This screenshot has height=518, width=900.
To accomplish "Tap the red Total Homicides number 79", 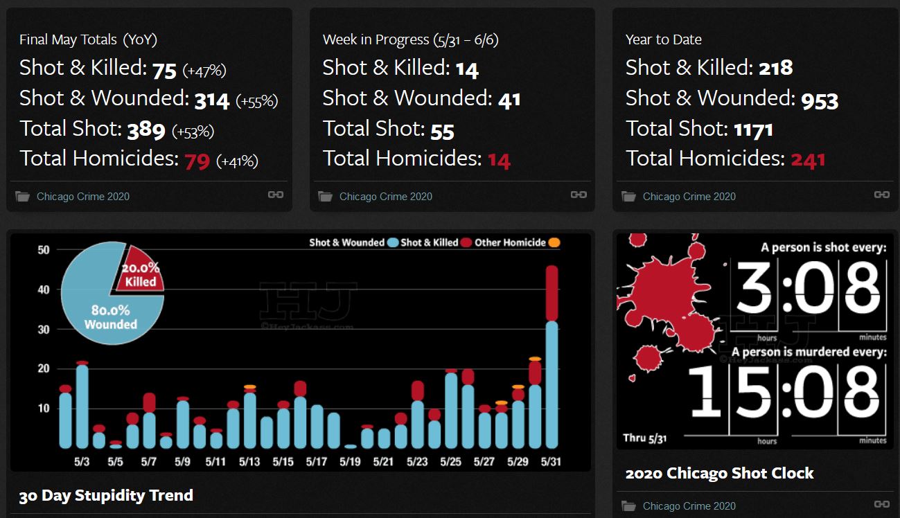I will (197, 161).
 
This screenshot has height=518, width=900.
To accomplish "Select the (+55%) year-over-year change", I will (256, 101).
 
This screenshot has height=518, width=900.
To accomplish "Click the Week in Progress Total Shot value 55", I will (442, 130).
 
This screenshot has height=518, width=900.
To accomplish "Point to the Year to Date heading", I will (663, 39).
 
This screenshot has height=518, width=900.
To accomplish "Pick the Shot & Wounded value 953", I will (820, 100).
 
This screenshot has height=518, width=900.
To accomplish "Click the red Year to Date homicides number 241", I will (808, 160).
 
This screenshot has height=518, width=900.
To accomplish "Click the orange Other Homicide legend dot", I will (554, 242).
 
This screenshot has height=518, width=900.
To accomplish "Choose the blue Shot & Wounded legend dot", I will (393, 242).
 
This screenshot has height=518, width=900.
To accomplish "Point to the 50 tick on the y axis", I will (44, 249).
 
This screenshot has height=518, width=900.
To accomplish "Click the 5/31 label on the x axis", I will (552, 461).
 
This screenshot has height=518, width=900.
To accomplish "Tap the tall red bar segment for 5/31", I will (552, 293).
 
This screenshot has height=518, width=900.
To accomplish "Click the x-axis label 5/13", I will (250, 461).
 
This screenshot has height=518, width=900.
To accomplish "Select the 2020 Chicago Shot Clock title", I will (719, 474).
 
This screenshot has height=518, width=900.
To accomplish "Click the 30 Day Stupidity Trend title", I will (106, 496).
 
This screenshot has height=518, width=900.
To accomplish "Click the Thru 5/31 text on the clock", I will (644, 438).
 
